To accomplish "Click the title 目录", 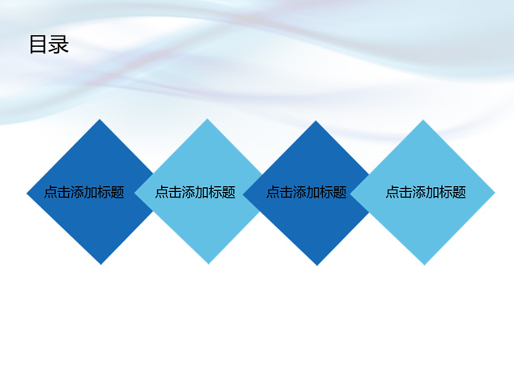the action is pos(49,45).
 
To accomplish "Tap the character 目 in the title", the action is pos(38,45).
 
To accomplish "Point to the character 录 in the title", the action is pos(59,45).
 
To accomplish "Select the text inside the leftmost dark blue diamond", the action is pos(84,192).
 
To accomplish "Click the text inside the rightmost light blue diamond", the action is pos(426,192).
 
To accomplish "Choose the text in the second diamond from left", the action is pos(195,192).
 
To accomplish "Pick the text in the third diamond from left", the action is pos(307,192).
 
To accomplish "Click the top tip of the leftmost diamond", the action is pos(100,119).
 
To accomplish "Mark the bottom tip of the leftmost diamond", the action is pos(101,264).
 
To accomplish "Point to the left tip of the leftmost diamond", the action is pos(27,194).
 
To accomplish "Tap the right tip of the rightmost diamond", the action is pos(495,193).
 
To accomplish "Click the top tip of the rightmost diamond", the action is pos(423,120).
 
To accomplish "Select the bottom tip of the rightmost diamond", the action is pos(424,265).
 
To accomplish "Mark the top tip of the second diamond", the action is pos(207,119).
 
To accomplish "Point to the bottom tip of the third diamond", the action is pos(317,266).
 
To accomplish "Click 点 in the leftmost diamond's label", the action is pos(50,192).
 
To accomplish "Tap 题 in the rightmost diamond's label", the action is pos(459,192).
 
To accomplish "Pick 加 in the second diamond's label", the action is pos(202,192).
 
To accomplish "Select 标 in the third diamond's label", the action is pos(326,192).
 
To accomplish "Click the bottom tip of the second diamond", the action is pos(209,264).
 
